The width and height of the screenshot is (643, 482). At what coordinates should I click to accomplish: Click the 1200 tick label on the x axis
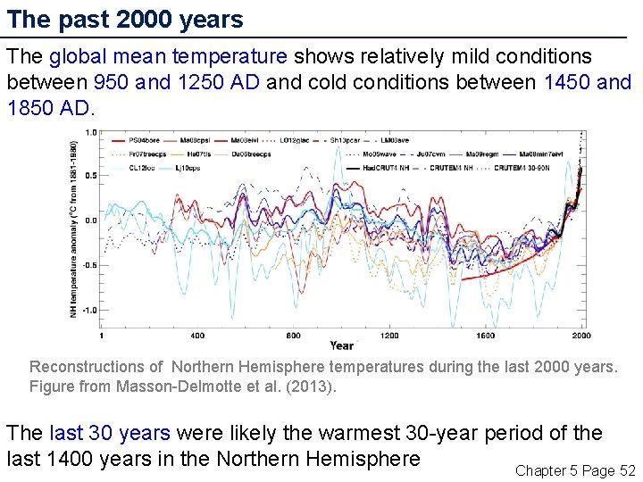[389, 336]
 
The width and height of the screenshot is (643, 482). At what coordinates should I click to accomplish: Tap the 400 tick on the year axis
[196, 336]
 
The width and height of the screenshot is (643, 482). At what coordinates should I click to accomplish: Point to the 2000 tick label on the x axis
[581, 336]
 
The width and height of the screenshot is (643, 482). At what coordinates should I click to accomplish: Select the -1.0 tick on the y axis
[90, 311]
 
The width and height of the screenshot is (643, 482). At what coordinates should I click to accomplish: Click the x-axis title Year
[341, 345]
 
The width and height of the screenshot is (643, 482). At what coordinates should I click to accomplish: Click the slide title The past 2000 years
[125, 20]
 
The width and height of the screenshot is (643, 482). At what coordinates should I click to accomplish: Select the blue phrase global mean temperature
[168, 57]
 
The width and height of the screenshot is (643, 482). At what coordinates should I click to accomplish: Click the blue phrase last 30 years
[109, 433]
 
